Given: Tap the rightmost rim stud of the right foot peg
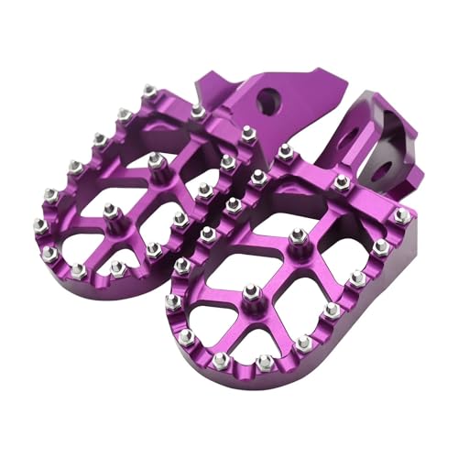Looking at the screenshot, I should tap(402, 216).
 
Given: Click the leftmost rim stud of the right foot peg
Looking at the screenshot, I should tap(172, 301).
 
